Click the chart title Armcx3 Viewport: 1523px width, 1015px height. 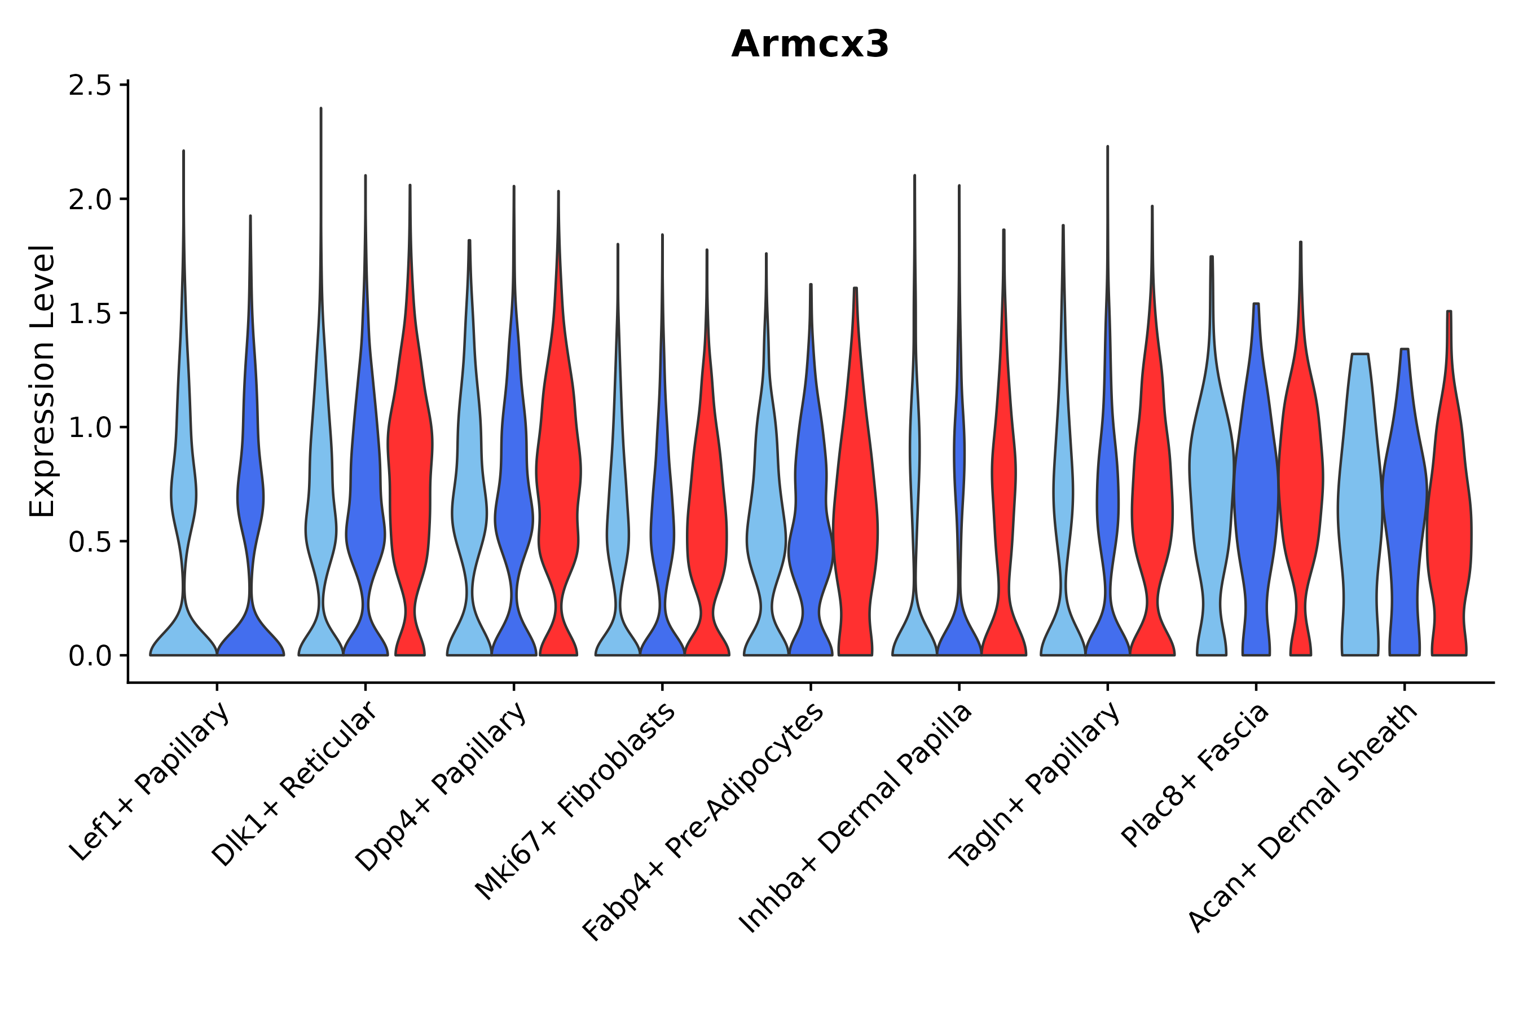tap(809, 45)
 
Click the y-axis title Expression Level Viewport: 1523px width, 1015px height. tap(43, 381)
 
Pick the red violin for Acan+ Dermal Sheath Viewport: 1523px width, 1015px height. tap(1449, 518)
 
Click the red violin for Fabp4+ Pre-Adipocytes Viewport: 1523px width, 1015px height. tap(855, 518)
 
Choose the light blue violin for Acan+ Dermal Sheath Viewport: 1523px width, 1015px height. tap(1360, 492)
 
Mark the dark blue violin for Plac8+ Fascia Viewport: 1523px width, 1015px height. tap(1256, 492)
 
